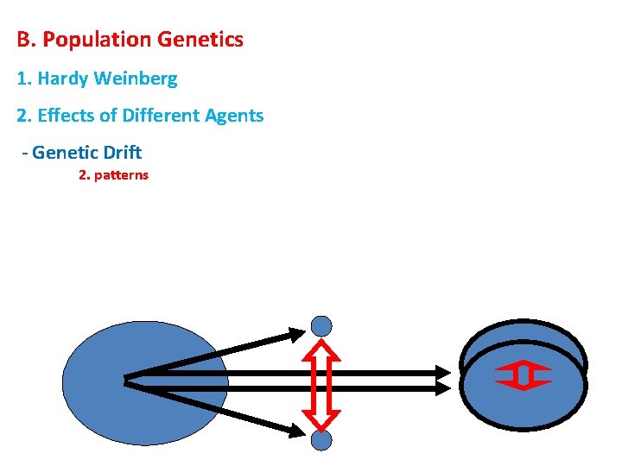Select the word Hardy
pyautogui.click(x=63, y=79)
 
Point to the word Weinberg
pyautogui.click(x=136, y=79)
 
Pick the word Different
pyautogui.click(x=150, y=116)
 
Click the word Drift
pyautogui.click(x=122, y=154)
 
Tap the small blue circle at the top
pyautogui.click(x=321, y=326)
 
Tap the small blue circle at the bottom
pyautogui.click(x=321, y=441)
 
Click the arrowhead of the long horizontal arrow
pyautogui.click(x=442, y=375)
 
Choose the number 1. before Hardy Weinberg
pyautogui.click(x=23, y=79)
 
